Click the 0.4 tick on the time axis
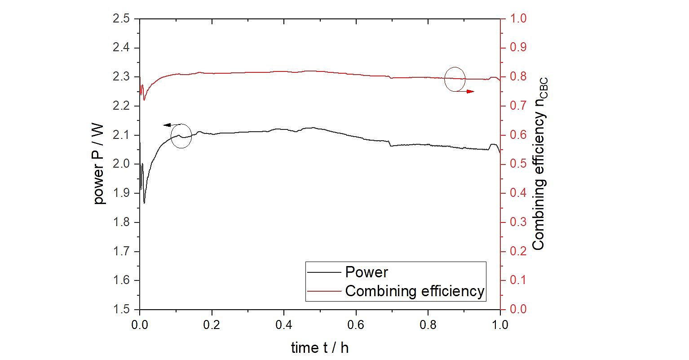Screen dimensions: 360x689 tap(284, 324)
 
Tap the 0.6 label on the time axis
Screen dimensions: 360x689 tap(356, 324)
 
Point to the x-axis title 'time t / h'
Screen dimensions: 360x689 tap(319, 347)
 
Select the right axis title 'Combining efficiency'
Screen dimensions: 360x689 tap(539, 164)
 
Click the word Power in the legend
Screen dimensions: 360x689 tap(366, 272)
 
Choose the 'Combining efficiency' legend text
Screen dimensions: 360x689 tap(415, 291)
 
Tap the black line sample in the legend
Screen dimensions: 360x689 tap(324, 273)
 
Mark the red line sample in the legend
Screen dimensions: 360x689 tap(324, 291)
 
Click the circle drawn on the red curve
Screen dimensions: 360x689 tap(455, 79)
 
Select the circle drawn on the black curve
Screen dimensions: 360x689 tap(181, 136)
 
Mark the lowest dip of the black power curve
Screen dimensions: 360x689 tap(144, 203)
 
